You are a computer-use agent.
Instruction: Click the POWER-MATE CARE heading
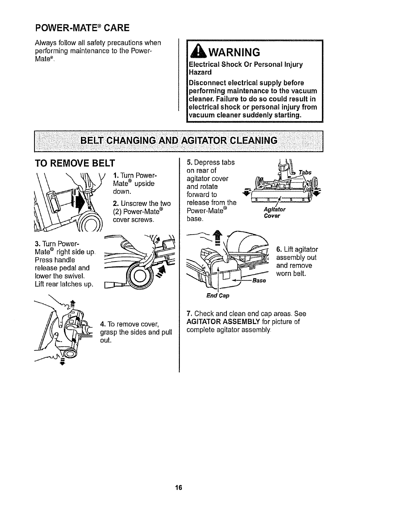pos(82,27)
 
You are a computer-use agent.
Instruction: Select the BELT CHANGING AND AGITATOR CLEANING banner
pos(179,141)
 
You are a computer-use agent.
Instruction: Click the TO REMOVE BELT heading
pos(75,163)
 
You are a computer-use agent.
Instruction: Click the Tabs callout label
pos(305,172)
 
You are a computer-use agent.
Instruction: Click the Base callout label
pos(259,280)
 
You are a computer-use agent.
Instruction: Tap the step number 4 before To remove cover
pos(102,324)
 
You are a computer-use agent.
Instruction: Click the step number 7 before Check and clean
pos(188,314)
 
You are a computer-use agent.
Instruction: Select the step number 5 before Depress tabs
pos(188,162)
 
